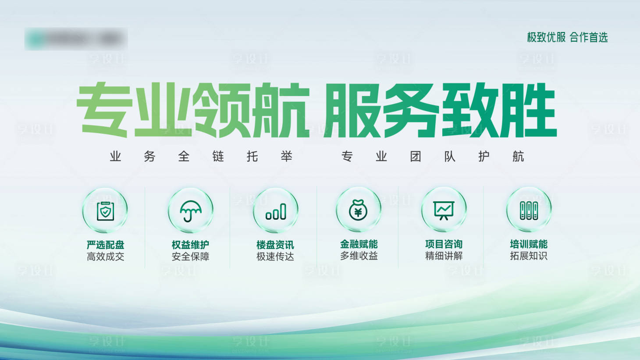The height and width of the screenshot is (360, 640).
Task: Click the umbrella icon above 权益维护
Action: tap(191, 210)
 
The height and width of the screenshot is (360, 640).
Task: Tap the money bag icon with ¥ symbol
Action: tap(358, 210)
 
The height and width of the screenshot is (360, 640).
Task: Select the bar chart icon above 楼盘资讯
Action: tap(276, 211)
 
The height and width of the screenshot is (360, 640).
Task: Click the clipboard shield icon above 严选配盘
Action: tap(105, 211)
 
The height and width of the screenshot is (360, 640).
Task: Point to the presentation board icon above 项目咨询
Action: tap(444, 210)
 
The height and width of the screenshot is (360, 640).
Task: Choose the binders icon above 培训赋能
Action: tap(529, 210)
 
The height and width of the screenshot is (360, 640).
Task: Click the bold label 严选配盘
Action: tap(105, 245)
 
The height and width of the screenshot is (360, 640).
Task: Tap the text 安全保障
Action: tap(191, 257)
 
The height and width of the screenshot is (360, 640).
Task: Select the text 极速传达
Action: tap(275, 257)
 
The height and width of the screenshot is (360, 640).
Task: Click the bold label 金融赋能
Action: tap(359, 244)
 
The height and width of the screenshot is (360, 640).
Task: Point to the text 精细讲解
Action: tap(444, 256)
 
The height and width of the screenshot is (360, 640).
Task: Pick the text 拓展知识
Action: tap(529, 256)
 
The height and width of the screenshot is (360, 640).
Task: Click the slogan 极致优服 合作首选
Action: tap(567, 38)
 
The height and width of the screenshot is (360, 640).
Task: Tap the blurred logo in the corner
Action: tap(76, 39)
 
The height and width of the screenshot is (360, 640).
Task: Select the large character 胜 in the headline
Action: tap(528, 110)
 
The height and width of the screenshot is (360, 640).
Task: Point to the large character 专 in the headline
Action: tap(104, 110)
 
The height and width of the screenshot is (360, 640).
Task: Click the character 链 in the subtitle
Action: tap(218, 157)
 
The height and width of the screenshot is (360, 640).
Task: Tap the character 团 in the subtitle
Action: tap(416, 157)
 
